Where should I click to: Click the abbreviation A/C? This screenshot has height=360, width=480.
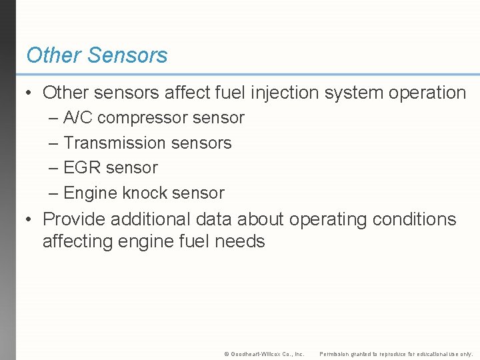[78, 118]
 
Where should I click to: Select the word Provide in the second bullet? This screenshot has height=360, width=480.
[73, 219]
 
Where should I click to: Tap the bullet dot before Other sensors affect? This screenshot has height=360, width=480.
[29, 93]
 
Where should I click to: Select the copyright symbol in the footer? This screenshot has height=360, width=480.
[226, 354]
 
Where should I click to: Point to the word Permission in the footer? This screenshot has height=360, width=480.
[336, 354]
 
